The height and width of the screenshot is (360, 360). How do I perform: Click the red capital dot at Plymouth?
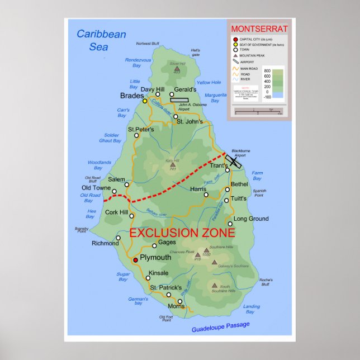point(135,260)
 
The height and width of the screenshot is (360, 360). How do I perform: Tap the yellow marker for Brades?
point(145,101)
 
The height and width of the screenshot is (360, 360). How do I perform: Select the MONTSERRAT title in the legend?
point(259,29)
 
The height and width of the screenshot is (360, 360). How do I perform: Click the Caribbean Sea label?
point(101,40)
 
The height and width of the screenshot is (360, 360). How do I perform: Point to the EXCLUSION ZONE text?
point(182,233)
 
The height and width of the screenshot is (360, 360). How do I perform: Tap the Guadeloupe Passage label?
point(221,327)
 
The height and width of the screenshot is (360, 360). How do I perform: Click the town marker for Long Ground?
point(230,224)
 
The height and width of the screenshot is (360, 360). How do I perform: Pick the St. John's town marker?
point(176,117)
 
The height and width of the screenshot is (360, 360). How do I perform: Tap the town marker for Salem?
point(127,184)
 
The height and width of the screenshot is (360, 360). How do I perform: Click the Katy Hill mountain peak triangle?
point(173,165)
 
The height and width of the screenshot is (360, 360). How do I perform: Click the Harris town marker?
point(206,195)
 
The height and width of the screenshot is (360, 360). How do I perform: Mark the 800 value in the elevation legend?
point(267,72)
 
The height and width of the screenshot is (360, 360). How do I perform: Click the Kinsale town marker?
point(148,278)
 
